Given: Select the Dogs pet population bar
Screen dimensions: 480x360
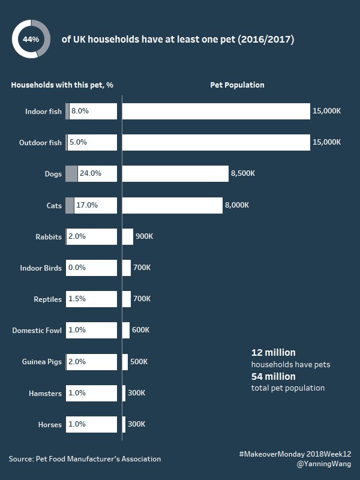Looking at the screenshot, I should [175, 173].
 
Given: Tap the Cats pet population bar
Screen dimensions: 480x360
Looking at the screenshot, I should [172, 205].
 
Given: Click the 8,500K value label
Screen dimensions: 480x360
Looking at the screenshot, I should [243, 173].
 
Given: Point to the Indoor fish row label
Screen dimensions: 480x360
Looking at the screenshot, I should [43, 112].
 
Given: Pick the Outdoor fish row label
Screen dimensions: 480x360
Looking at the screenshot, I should [40, 143].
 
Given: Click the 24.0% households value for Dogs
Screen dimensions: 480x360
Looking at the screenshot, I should [91, 173].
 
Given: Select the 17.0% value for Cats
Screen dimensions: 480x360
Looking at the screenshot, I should [87, 205].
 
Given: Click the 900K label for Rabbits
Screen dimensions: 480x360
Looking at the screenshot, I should [144, 236].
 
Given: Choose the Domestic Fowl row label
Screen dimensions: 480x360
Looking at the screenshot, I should [37, 330].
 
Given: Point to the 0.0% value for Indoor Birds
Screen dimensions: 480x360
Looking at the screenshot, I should [77, 268].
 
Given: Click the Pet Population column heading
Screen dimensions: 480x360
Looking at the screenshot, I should [237, 85].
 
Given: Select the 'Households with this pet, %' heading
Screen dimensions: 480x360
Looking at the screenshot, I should [62, 85].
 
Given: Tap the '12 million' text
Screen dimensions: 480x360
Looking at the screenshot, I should [273, 352].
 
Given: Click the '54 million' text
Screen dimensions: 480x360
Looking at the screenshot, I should [273, 376].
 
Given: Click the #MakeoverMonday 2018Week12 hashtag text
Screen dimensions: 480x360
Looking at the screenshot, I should [295, 454].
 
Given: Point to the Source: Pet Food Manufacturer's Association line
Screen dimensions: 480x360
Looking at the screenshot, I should [85, 459].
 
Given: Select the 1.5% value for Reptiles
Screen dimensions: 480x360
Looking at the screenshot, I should [77, 299].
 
